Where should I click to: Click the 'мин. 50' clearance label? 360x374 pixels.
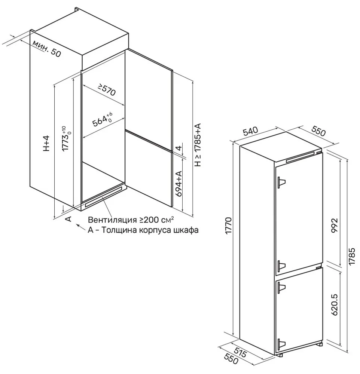pos(46,48)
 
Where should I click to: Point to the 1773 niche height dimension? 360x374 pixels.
pos(66,138)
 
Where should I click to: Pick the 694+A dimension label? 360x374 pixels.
pos(179,184)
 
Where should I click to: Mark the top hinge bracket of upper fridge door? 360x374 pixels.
pos(281,182)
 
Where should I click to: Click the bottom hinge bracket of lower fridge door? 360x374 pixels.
pos(281,343)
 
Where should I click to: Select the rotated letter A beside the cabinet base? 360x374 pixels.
pos(68,219)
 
